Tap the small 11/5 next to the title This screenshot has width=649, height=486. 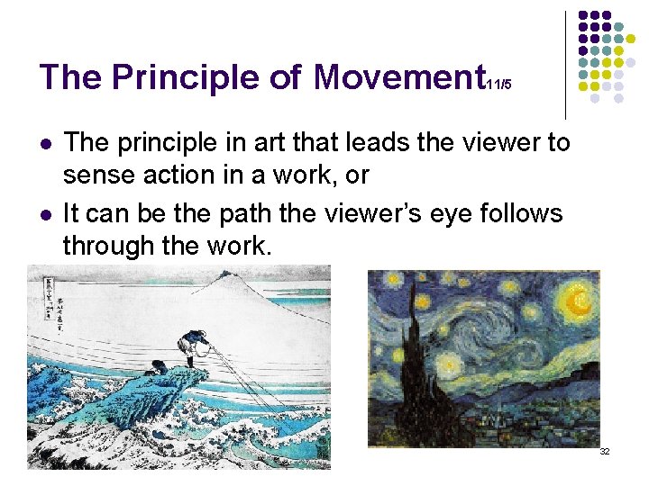coord(498,85)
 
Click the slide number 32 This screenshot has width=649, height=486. coord(605,451)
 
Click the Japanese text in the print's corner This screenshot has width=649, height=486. coord(41,297)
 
